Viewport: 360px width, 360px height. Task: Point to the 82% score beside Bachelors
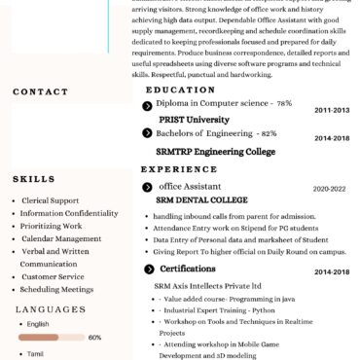[269, 133]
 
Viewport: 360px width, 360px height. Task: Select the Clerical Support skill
[50, 200]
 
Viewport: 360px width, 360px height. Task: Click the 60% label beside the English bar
[94, 337]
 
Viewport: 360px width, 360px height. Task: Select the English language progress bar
[50, 337]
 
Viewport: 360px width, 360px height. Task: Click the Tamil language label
[35, 354]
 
